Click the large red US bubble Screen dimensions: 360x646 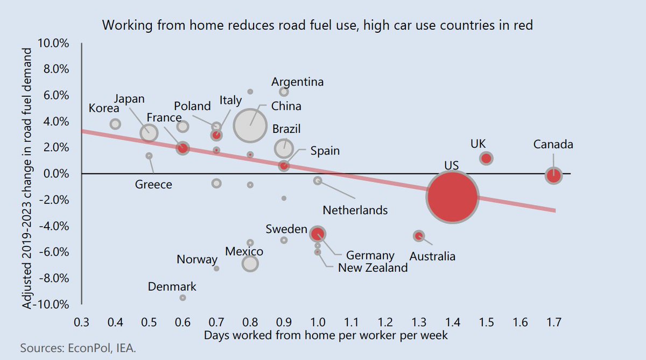coord(452,197)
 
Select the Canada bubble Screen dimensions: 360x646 coord(553,175)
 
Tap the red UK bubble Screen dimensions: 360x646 coord(486,158)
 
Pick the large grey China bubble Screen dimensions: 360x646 coord(250,125)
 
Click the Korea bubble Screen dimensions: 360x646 coord(115,124)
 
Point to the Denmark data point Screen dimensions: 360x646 coord(183,298)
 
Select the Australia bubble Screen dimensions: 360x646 coord(419,236)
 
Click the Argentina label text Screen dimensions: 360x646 coord(297,82)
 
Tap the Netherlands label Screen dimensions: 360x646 coord(355,210)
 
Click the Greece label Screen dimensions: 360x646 coord(153,185)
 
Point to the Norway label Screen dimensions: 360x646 coord(197,260)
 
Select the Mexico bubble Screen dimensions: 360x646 coord(250,264)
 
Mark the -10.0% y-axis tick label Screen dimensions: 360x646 coord(53,305)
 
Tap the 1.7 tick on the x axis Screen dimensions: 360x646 coord(553,323)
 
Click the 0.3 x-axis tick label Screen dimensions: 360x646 coord(81,323)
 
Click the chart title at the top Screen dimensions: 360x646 coord(317,25)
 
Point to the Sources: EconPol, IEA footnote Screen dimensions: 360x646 coord(78,348)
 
